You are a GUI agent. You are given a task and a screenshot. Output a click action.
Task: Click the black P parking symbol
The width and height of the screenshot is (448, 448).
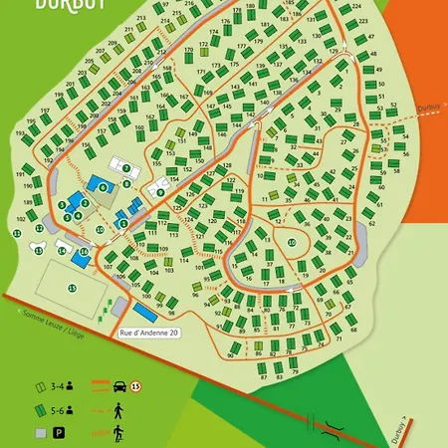pyautogui.click(x=59, y=433)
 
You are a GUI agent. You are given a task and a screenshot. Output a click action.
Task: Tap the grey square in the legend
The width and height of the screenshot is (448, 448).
pyautogui.click(x=40, y=433)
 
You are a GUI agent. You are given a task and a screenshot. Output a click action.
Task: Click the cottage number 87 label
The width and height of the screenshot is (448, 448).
pyautogui.click(x=265, y=375)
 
